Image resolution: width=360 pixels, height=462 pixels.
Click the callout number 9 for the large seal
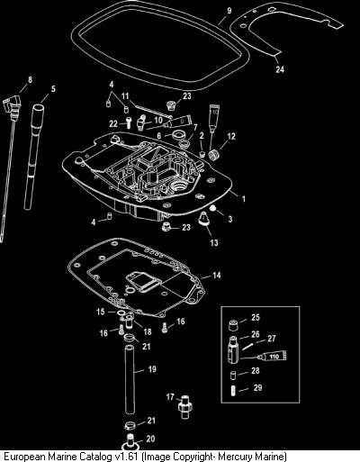pos(229,11)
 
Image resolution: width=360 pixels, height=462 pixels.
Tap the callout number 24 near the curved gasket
pos(280,69)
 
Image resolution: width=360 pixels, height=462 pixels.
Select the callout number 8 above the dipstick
pos(30,79)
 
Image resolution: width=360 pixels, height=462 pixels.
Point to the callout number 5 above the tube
pos(53,89)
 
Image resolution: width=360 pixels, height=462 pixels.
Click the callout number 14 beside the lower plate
pos(217,275)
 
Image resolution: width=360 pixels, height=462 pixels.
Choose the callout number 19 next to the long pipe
pos(152,368)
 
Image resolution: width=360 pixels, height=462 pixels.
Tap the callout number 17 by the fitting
pos(170,397)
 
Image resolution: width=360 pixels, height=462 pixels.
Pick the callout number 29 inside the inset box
pos(258,387)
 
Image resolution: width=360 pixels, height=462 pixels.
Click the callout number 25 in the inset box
pos(256,317)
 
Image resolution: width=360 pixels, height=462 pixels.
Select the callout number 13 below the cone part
pos(214,242)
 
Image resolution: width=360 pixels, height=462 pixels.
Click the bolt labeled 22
pos(128,122)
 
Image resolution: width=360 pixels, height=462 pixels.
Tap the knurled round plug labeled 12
pos(215,154)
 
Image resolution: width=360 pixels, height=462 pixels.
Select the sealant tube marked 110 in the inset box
pos(273,357)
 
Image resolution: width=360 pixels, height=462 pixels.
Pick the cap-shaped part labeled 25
pos(233,326)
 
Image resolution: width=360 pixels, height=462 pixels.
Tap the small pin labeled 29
pos(233,391)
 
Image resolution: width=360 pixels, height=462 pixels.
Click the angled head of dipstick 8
pos(9,106)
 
